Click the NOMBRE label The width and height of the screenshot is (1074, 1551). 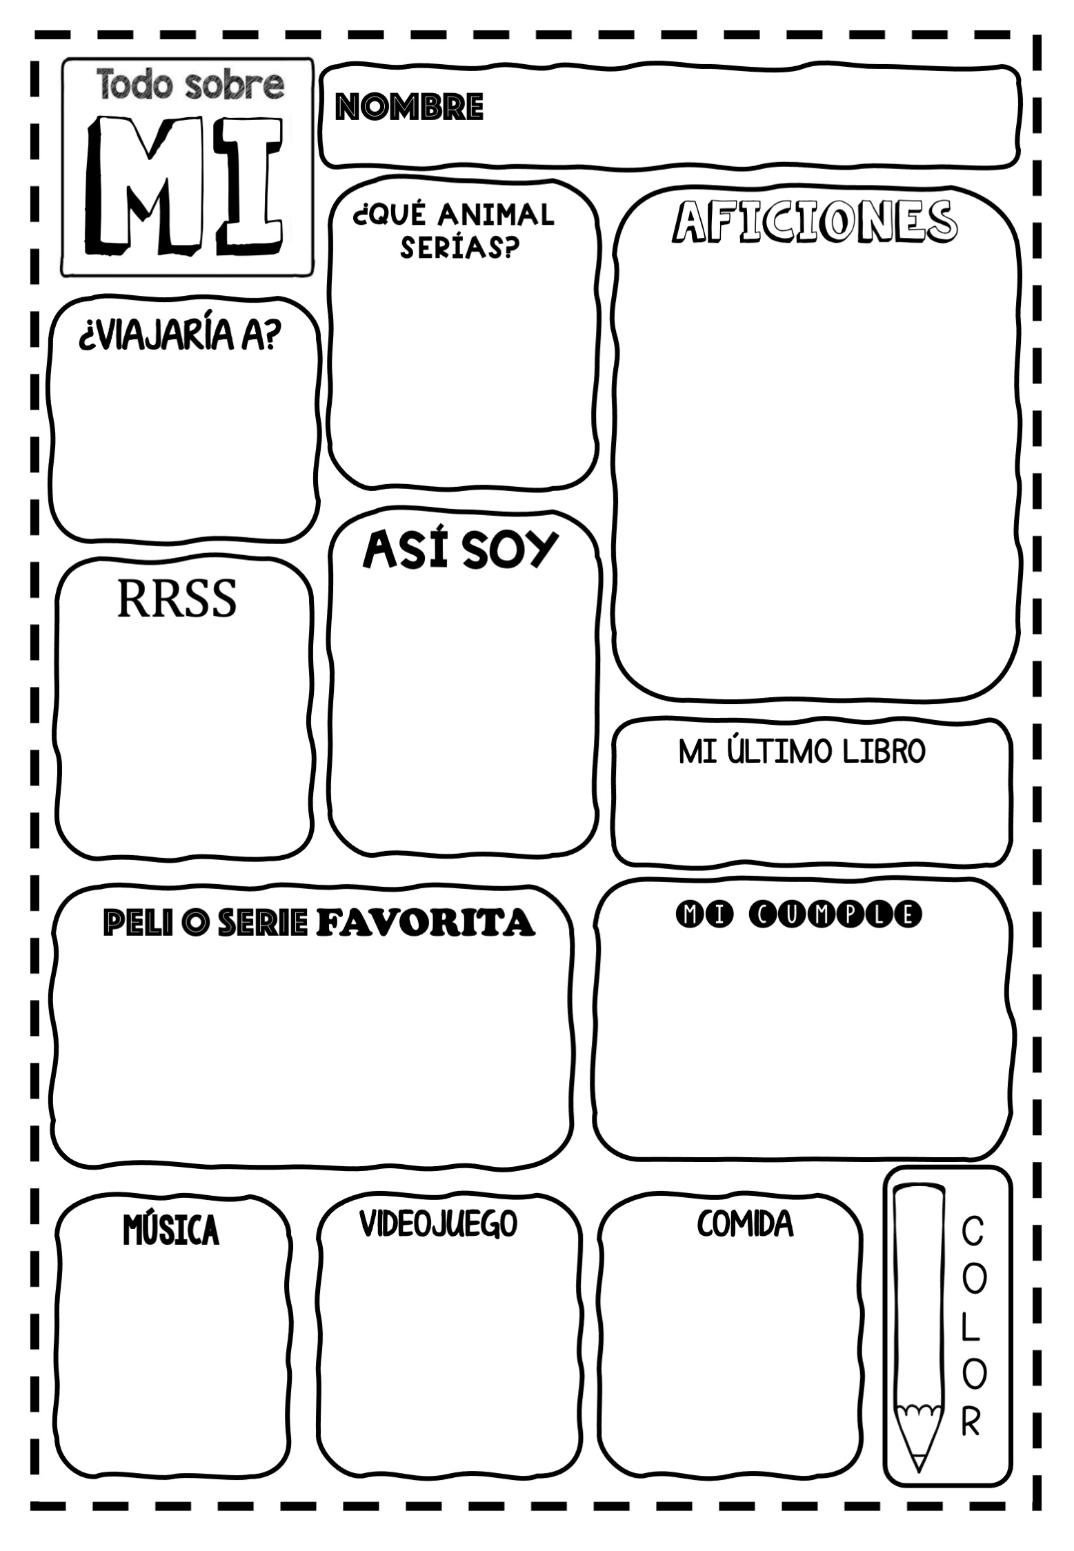pyautogui.click(x=408, y=107)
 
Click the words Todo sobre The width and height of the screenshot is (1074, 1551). pyautogui.click(x=190, y=84)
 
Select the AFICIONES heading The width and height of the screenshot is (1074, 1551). pyautogui.click(x=815, y=221)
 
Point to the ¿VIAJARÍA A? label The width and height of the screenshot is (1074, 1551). pyautogui.click(x=180, y=337)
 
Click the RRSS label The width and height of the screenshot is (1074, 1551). pyautogui.click(x=177, y=598)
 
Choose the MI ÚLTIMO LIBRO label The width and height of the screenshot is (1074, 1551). pyautogui.click(x=802, y=751)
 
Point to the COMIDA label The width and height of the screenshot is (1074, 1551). pyautogui.click(x=745, y=1224)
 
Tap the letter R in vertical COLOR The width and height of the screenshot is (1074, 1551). pyautogui.click(x=971, y=1421)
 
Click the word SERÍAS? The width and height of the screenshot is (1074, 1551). pyautogui.click(x=460, y=248)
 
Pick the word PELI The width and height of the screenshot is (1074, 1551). pyautogui.click(x=132, y=923)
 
